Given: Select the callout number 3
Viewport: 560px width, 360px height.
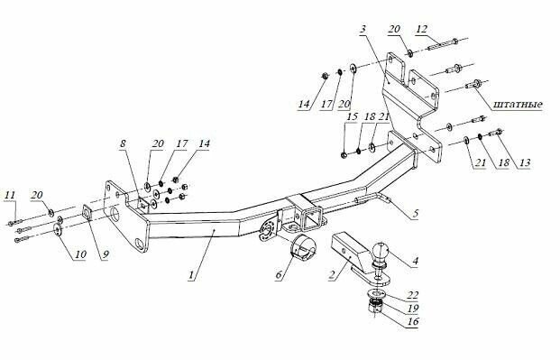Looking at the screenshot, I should click(x=361, y=30).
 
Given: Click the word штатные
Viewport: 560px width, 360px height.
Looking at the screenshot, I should click(x=518, y=105).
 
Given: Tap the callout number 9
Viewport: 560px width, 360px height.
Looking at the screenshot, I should click(x=106, y=255).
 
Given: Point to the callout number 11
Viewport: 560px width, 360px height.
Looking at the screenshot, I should click(x=10, y=195).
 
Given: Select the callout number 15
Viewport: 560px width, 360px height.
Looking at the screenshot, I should click(x=351, y=116).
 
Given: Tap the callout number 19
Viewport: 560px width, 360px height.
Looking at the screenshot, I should click(x=414, y=307).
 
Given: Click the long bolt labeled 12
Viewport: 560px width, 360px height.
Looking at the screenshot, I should click(x=442, y=42).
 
